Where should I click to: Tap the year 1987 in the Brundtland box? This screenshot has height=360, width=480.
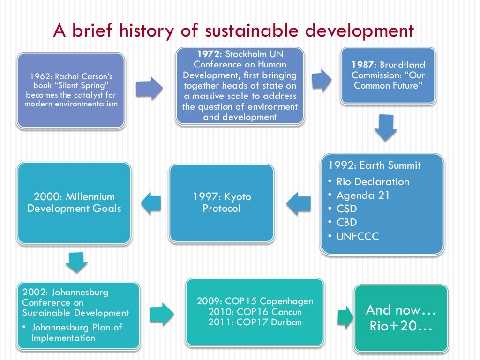pos(364,65)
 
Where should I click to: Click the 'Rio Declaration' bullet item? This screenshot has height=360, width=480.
pos(372,181)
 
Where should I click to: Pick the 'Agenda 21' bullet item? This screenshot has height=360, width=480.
pos(363,195)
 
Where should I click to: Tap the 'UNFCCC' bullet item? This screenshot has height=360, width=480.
pos(357,236)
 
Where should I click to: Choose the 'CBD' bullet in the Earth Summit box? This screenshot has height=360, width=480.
pos(346,222)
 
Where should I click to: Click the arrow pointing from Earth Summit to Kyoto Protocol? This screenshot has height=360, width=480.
pos(299,203)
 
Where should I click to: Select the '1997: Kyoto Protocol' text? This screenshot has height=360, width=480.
pos(222,202)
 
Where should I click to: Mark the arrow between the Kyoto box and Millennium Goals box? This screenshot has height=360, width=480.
pos(150,203)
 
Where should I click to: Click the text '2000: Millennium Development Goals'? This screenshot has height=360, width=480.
pos(74,202)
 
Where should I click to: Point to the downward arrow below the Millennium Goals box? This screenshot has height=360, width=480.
pos(76,262)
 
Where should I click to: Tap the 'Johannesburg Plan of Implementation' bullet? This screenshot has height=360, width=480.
pos(76,332)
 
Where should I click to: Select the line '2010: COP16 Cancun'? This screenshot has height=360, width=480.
pos(255,312)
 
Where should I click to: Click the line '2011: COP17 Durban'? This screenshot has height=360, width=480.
pos(255,322)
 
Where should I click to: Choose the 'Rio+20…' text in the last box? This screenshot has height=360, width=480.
pos(400,326)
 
